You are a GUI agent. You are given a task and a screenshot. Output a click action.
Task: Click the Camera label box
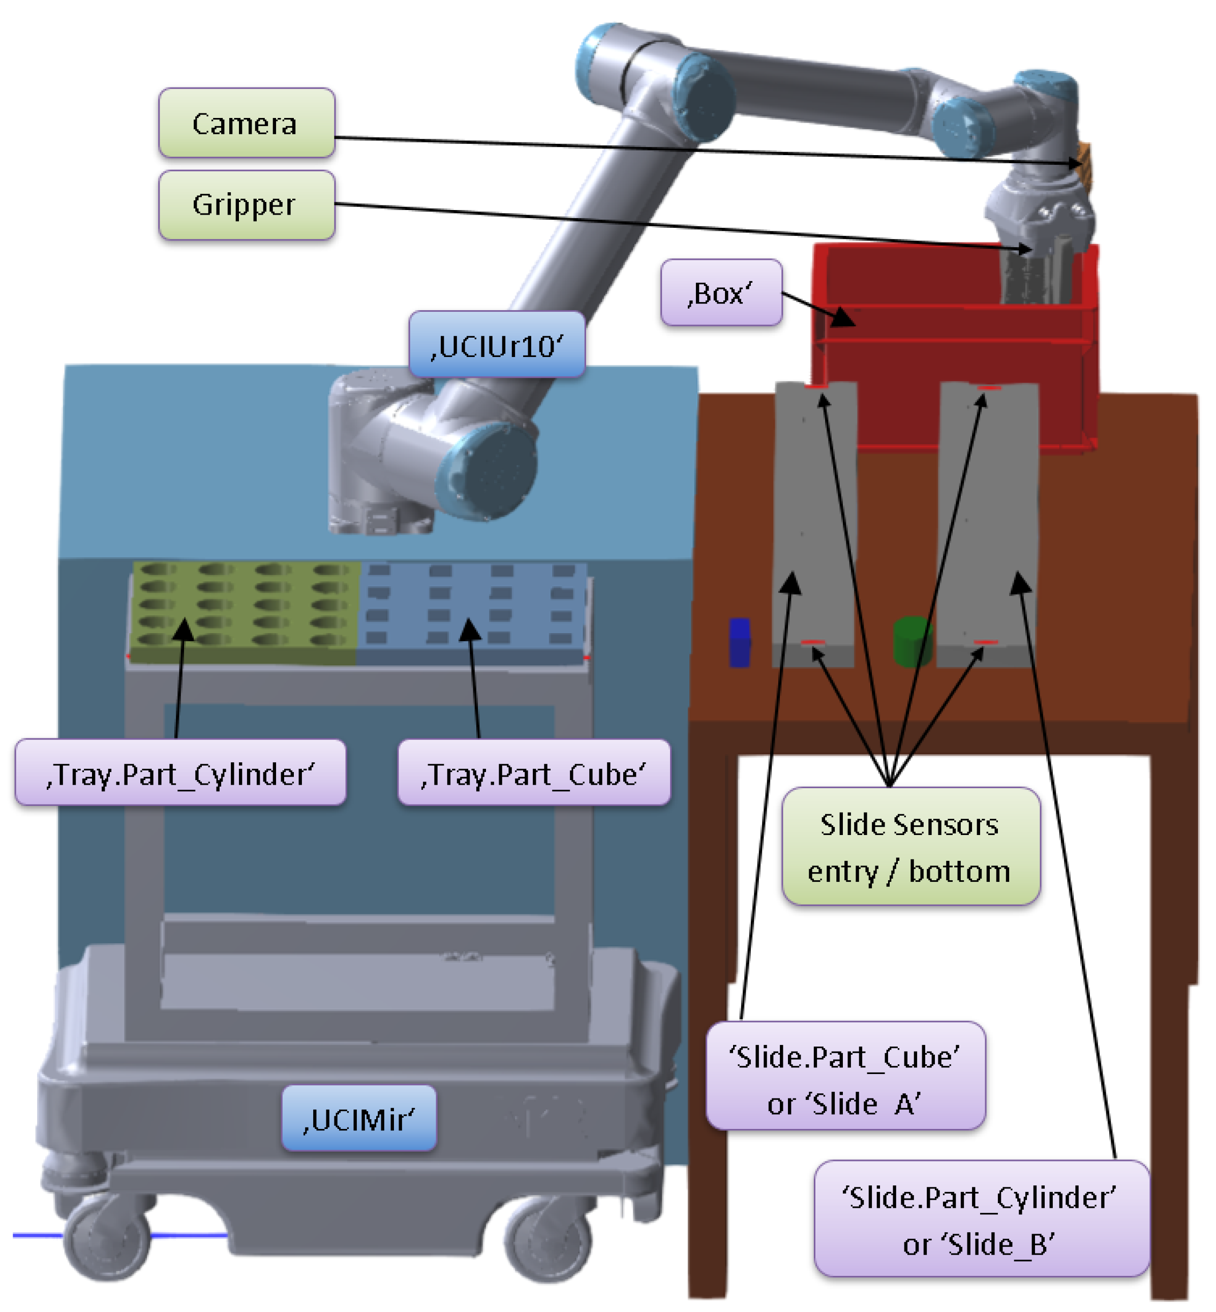point(246,123)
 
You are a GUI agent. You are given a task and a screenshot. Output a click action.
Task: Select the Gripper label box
point(246,205)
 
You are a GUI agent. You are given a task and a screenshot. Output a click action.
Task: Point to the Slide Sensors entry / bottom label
point(910,847)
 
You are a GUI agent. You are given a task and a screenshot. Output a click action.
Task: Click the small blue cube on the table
point(740,642)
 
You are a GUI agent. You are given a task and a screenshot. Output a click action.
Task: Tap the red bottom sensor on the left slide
point(813,642)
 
